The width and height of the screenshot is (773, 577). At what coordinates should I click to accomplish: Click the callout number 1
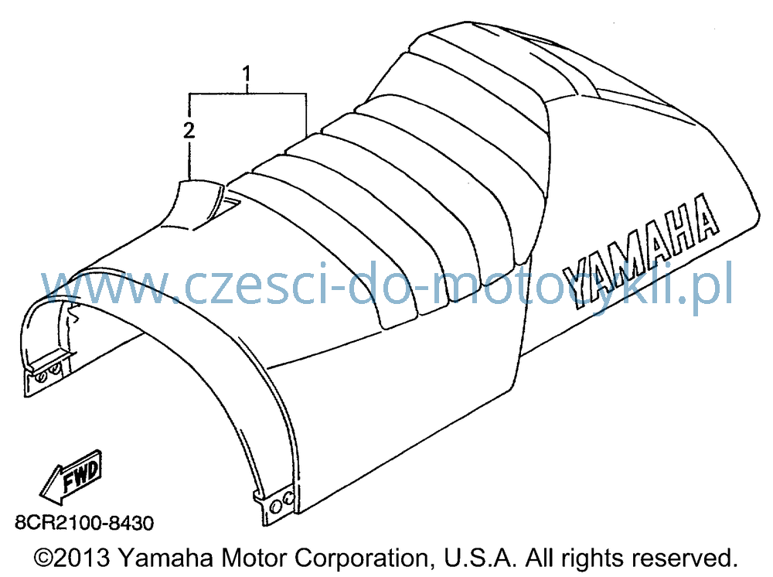246,74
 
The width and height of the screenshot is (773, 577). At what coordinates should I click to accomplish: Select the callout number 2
189,130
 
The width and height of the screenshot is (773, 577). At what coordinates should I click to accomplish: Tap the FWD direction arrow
70,477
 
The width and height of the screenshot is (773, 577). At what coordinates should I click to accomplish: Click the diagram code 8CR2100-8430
84,522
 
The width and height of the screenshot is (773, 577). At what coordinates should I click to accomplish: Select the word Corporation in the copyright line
361,558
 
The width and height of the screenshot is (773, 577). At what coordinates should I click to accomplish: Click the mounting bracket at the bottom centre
276,506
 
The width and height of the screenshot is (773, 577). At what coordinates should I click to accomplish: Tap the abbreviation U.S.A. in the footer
481,558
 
